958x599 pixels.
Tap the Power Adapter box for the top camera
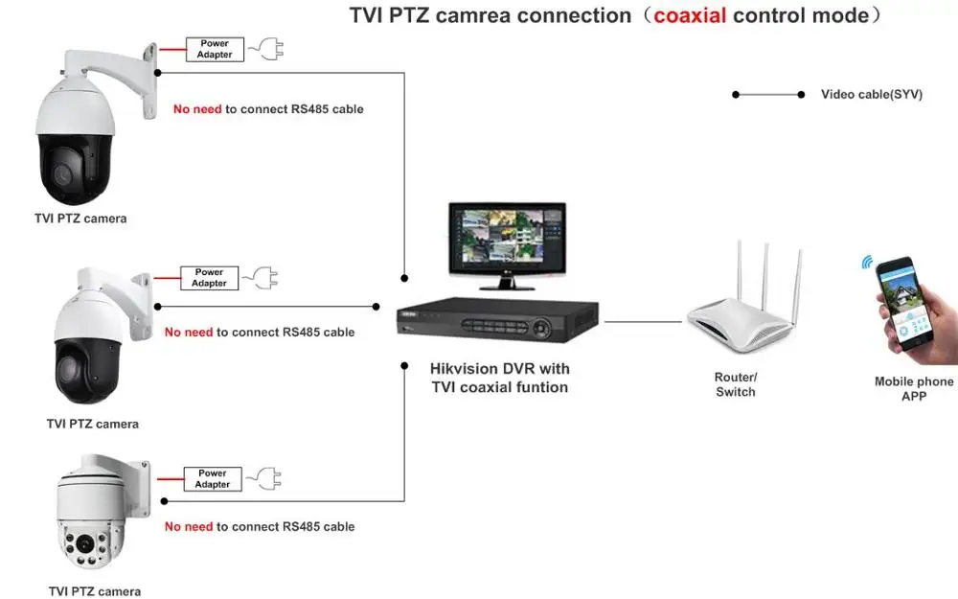(x=215, y=49)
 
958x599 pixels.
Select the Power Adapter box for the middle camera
(x=209, y=278)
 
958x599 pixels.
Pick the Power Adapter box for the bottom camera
(x=213, y=478)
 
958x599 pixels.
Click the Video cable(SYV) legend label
(x=871, y=95)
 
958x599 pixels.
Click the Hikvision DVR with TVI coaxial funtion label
(x=499, y=378)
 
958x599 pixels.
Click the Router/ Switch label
(x=736, y=384)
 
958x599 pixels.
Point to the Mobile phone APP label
(x=914, y=388)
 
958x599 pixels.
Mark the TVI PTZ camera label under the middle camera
(x=93, y=424)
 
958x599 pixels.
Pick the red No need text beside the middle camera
(x=189, y=333)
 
